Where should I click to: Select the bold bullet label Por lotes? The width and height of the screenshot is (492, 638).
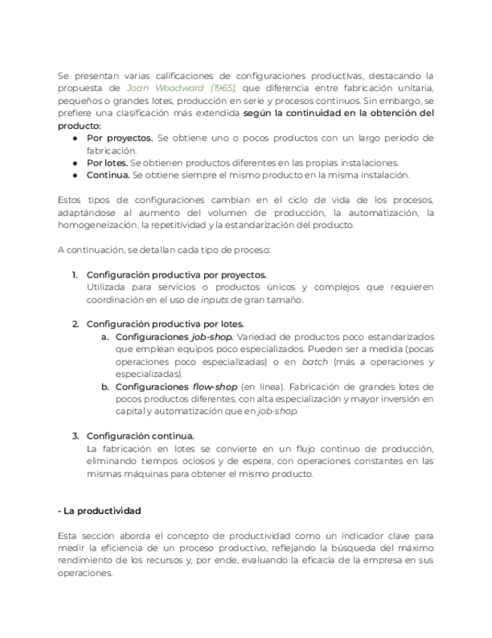pos(107,163)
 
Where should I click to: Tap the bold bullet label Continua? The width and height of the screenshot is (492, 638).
pos(109,175)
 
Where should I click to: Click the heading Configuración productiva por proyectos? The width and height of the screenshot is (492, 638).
pos(176,275)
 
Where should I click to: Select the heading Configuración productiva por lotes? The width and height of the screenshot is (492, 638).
pos(165,324)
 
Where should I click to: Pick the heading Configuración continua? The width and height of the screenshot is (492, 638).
pos(140,436)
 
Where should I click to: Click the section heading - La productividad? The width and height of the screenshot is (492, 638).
pos(99,511)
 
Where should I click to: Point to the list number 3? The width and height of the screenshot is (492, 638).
pos(76,436)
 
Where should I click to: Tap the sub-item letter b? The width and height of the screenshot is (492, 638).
pos(105,387)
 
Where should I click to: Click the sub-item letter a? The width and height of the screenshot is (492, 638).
pos(105,336)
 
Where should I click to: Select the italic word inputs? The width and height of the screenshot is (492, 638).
pos(215,299)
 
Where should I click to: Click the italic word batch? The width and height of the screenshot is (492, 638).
pos(315,361)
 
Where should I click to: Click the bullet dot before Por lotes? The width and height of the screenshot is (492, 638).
pos(76,163)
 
